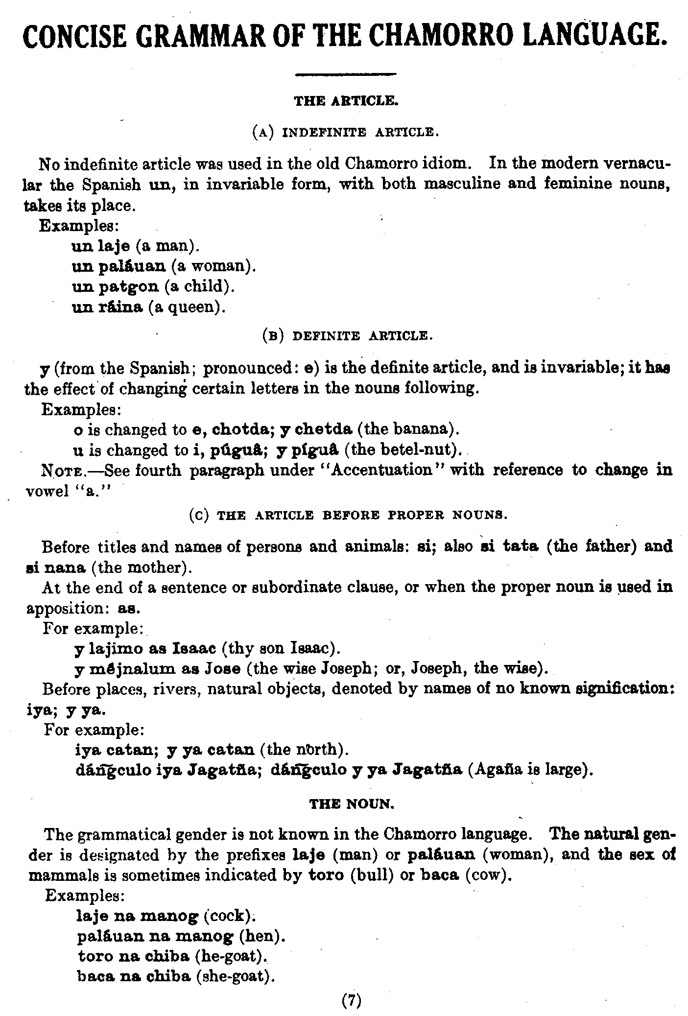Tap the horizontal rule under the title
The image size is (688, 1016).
pyautogui.click(x=346, y=74)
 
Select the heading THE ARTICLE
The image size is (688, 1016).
pyautogui.click(x=346, y=101)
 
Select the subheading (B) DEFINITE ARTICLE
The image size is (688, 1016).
pyautogui.click(x=345, y=336)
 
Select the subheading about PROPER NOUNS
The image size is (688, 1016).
pyautogui.click(x=348, y=515)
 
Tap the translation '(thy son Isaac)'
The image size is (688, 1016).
pyautogui.click(x=281, y=648)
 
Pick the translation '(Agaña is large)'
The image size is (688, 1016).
pyautogui.click(x=530, y=770)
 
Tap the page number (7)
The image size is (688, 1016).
pyautogui.click(x=351, y=1001)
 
